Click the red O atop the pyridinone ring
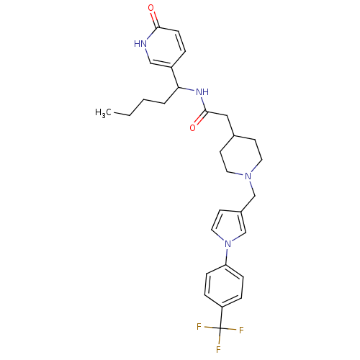(x=150, y=8)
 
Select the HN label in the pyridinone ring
(x=140, y=44)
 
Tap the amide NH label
(x=202, y=91)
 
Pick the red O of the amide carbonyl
(x=192, y=127)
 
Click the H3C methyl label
(x=103, y=112)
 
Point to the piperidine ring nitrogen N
(x=248, y=176)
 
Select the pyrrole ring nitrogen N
(x=228, y=244)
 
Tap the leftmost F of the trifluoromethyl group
(x=199, y=327)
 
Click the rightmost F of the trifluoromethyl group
(x=241, y=330)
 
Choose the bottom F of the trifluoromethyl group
(x=218, y=349)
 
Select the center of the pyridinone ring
(x=166, y=48)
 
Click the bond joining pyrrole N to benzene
(x=227, y=256)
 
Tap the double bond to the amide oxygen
(x=199, y=118)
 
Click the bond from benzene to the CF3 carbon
(x=221, y=318)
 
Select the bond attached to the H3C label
(x=122, y=114)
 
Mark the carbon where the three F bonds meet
(x=220, y=328)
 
